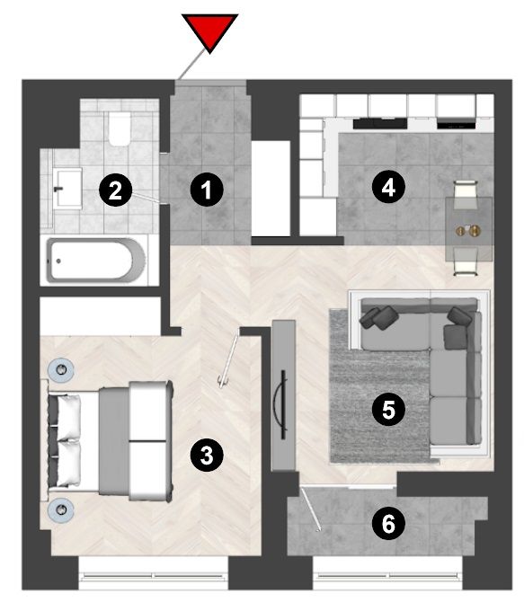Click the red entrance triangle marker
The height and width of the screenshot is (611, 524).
point(209,31)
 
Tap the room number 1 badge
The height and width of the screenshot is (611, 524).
point(207,190)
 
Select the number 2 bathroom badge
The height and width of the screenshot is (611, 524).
point(115,190)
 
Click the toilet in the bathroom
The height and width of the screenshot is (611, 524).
point(120,128)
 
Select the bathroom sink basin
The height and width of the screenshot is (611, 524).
point(67,189)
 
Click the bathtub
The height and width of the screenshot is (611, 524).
point(96,260)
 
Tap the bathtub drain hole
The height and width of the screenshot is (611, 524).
point(58,261)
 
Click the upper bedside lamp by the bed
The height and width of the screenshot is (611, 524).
point(61,369)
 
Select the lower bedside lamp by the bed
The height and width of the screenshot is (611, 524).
point(61,509)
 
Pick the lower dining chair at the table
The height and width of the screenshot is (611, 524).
point(466,261)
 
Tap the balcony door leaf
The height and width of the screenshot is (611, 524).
point(311,509)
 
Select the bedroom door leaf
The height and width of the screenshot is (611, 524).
point(228,359)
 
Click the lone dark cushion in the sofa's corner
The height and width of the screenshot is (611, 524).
point(455,337)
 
